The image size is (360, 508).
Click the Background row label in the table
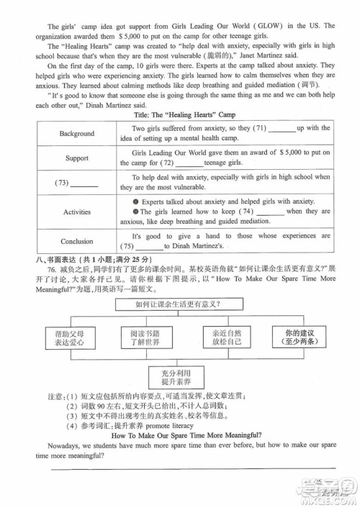coord(77,133)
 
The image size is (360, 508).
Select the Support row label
coord(77,158)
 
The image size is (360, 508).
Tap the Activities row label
coord(77,212)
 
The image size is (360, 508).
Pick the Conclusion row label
coord(77,242)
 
